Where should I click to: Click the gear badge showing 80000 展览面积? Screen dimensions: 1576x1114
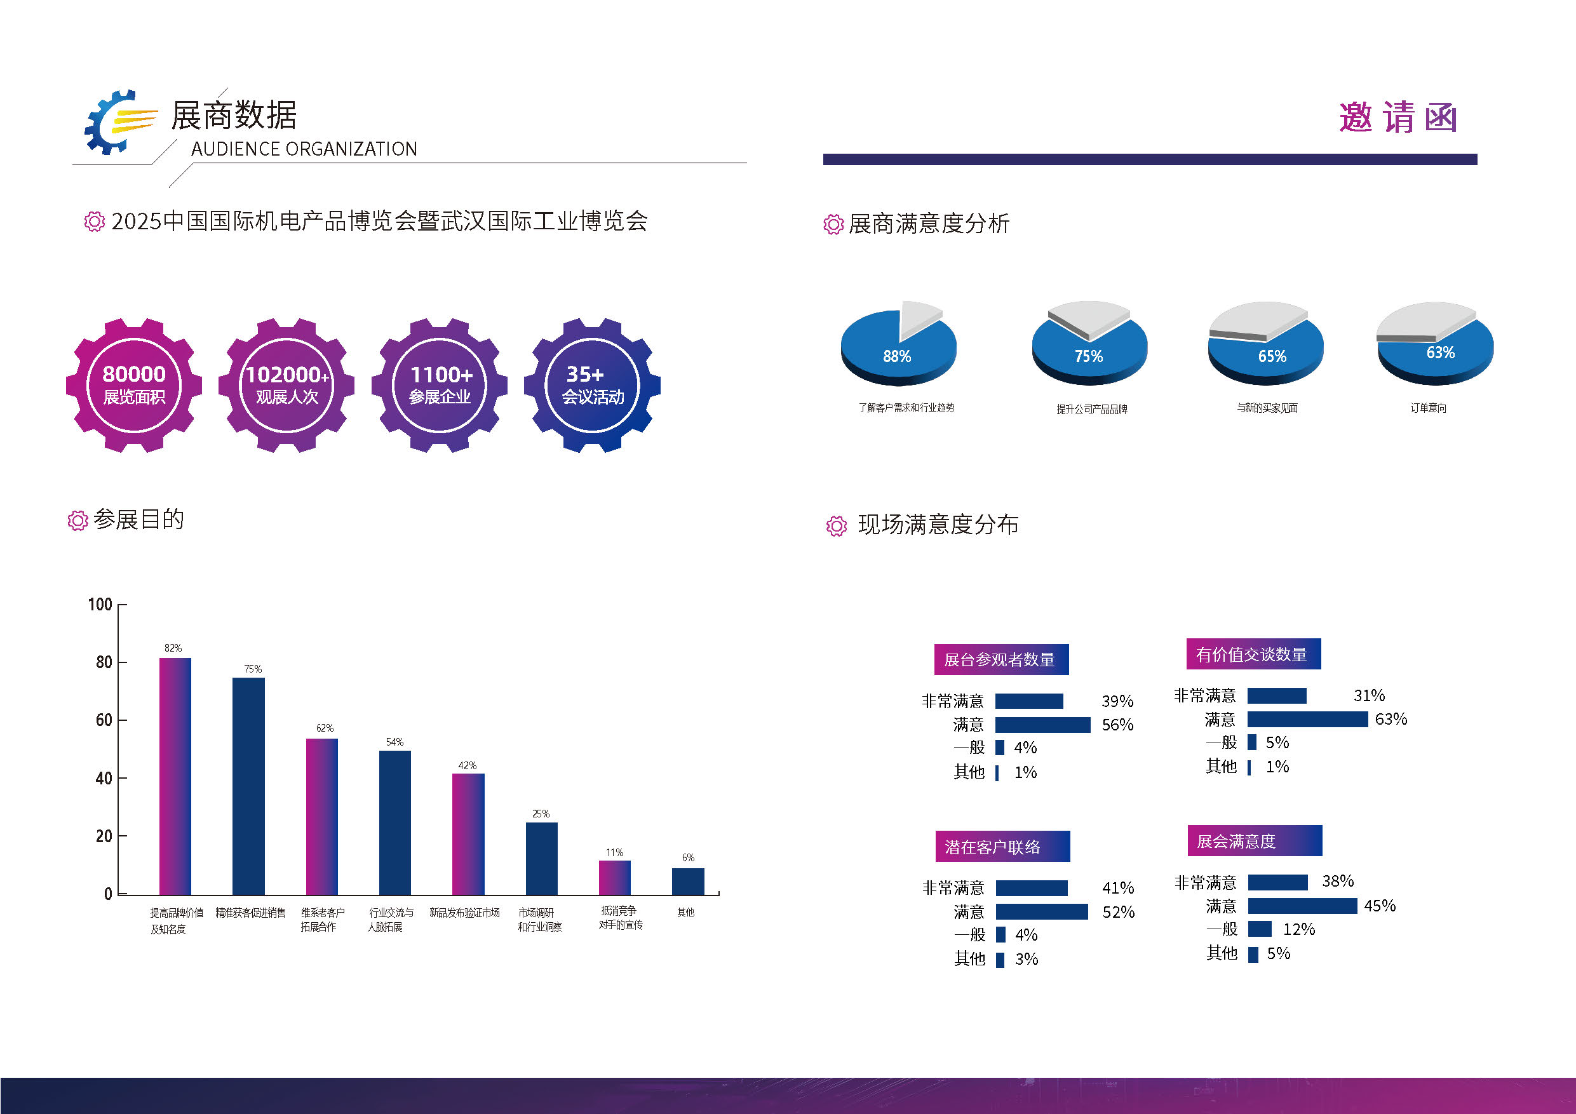pos(134,385)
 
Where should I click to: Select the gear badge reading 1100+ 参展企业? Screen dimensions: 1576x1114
pos(440,385)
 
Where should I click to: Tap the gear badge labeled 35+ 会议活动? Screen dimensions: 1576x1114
pos(591,385)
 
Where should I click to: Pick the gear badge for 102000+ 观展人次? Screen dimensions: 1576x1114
pos(286,385)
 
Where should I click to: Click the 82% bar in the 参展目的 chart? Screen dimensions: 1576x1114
pos(175,775)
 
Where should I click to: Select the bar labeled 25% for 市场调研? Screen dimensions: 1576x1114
pos(542,859)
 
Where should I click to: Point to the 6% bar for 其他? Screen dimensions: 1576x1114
pos(688,882)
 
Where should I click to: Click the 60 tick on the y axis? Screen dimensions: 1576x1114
pos(104,720)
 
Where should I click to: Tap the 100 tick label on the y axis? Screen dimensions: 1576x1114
pos(100,605)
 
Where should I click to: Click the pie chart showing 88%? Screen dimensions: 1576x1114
pos(898,343)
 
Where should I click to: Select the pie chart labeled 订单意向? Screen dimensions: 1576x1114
pos(1435,344)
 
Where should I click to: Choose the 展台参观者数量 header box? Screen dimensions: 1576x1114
pos(1000,660)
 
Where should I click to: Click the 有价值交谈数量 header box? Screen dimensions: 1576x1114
pos(1253,654)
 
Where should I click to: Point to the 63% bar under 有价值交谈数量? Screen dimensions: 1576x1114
pos(1307,719)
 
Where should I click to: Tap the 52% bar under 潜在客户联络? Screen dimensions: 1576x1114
pos(1042,911)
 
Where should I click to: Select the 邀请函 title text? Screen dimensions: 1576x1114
pos(1398,117)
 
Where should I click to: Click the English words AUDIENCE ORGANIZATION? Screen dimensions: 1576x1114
pos(304,149)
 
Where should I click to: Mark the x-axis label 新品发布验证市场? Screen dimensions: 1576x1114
pos(465,912)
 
